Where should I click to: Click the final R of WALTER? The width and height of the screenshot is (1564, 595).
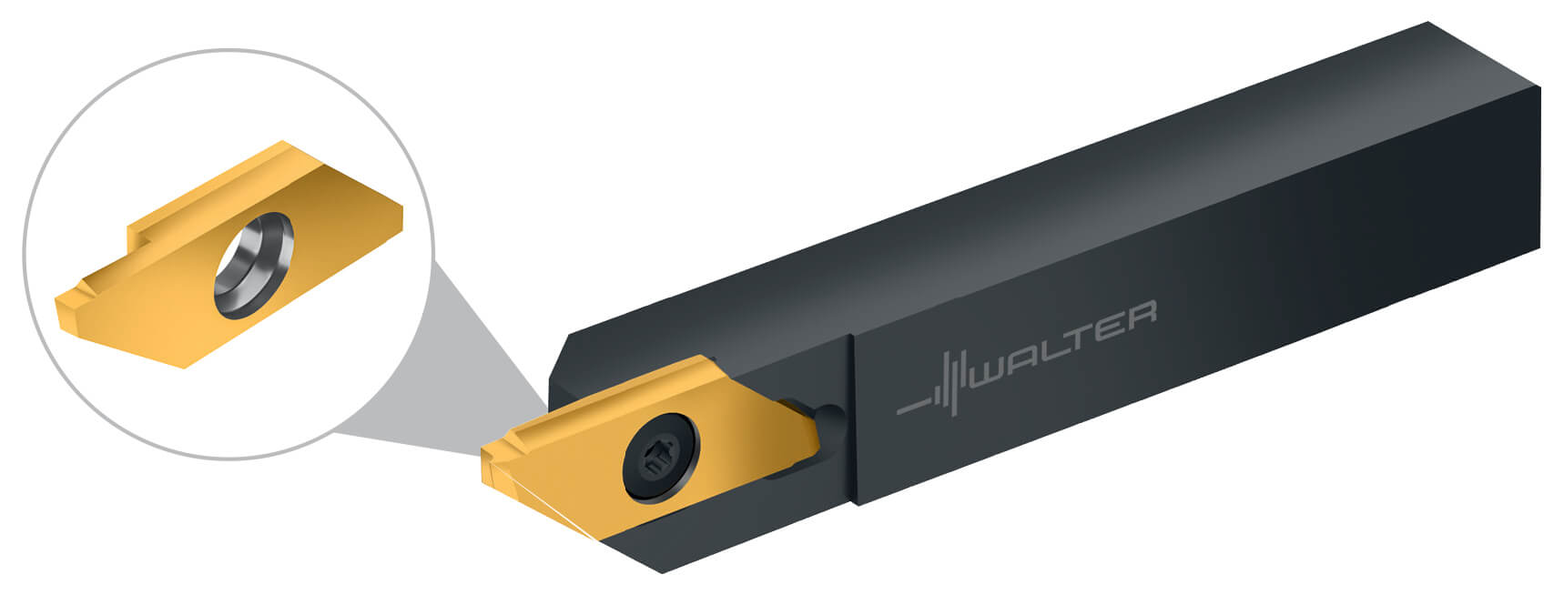(x=1143, y=312)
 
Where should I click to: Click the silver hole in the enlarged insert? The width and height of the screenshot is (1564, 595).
(x=255, y=264)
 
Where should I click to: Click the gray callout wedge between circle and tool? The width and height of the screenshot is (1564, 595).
(x=455, y=382)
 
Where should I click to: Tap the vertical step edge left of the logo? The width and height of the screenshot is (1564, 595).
(x=853, y=419)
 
